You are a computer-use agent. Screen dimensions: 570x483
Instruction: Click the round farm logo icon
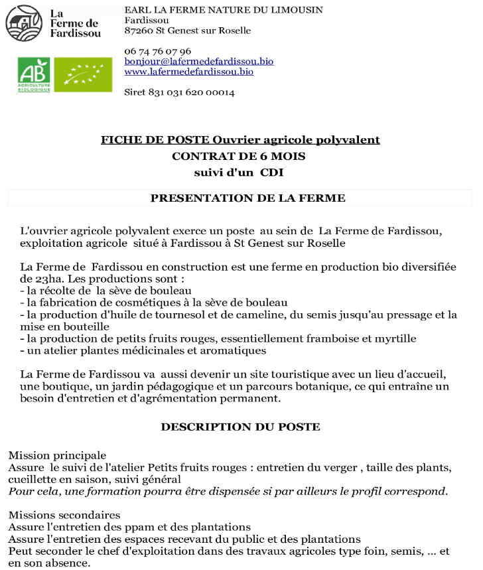pos(23,23)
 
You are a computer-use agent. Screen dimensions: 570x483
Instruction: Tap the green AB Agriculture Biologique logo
pos(34,74)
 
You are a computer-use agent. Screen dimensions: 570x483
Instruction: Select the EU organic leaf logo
pos(83,74)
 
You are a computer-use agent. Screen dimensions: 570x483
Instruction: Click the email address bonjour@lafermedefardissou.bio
pos(198,61)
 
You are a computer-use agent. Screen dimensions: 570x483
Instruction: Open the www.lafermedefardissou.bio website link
pos(188,72)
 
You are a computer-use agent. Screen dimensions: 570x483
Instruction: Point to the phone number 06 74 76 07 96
pos(157,51)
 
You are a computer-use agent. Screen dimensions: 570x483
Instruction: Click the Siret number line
pos(179,92)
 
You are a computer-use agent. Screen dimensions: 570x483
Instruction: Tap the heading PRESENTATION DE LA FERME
pos(247,198)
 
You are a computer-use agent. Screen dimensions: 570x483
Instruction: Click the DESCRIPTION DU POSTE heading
pos(240,427)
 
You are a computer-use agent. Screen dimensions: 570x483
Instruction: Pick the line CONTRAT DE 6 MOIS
pos(240,157)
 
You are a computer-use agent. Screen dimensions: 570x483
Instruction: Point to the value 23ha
pos(34,278)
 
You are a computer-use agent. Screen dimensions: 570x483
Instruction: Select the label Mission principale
pos(57,455)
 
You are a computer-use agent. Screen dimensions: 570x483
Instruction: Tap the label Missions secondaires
pos(64,515)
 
